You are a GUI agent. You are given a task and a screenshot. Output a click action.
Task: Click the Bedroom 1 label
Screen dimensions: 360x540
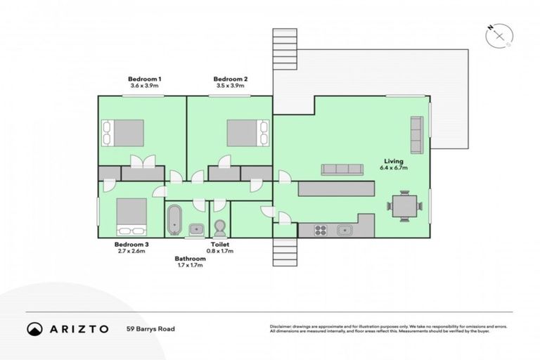145,78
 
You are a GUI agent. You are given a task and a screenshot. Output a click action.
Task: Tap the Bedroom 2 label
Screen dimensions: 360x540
230,78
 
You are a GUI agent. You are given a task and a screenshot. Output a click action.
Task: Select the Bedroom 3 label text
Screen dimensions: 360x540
131,245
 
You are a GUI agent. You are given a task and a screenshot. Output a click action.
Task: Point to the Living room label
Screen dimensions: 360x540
393,160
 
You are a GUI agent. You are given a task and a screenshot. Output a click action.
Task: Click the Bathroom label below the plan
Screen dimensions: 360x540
190,259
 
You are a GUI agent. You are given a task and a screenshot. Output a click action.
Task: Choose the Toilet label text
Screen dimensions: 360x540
219,245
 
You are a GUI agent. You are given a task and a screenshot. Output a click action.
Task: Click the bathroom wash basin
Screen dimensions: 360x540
196,229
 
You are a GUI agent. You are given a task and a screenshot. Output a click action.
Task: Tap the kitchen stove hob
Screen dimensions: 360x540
320,229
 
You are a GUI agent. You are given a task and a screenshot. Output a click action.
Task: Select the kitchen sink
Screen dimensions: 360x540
345,229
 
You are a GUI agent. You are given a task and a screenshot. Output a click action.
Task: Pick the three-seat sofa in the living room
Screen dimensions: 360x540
342,169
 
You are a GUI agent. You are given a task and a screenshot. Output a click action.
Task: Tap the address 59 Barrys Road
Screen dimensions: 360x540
150,328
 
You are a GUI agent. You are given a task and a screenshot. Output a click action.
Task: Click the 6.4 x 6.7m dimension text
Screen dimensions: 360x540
393,169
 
